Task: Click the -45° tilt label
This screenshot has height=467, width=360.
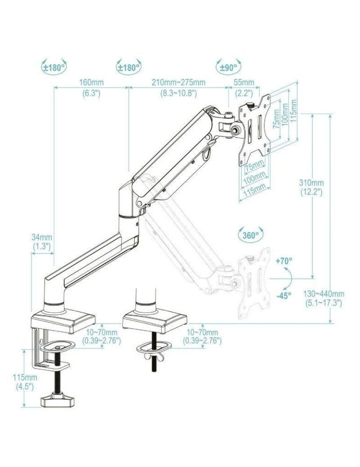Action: tap(283, 295)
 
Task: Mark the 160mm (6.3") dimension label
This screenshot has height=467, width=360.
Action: tap(92, 87)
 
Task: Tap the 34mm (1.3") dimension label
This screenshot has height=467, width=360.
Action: tap(42, 242)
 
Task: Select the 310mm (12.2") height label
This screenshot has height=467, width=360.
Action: tap(311, 187)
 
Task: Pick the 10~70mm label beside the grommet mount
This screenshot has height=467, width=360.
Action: tap(202, 336)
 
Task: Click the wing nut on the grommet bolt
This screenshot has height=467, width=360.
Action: tap(153, 357)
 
